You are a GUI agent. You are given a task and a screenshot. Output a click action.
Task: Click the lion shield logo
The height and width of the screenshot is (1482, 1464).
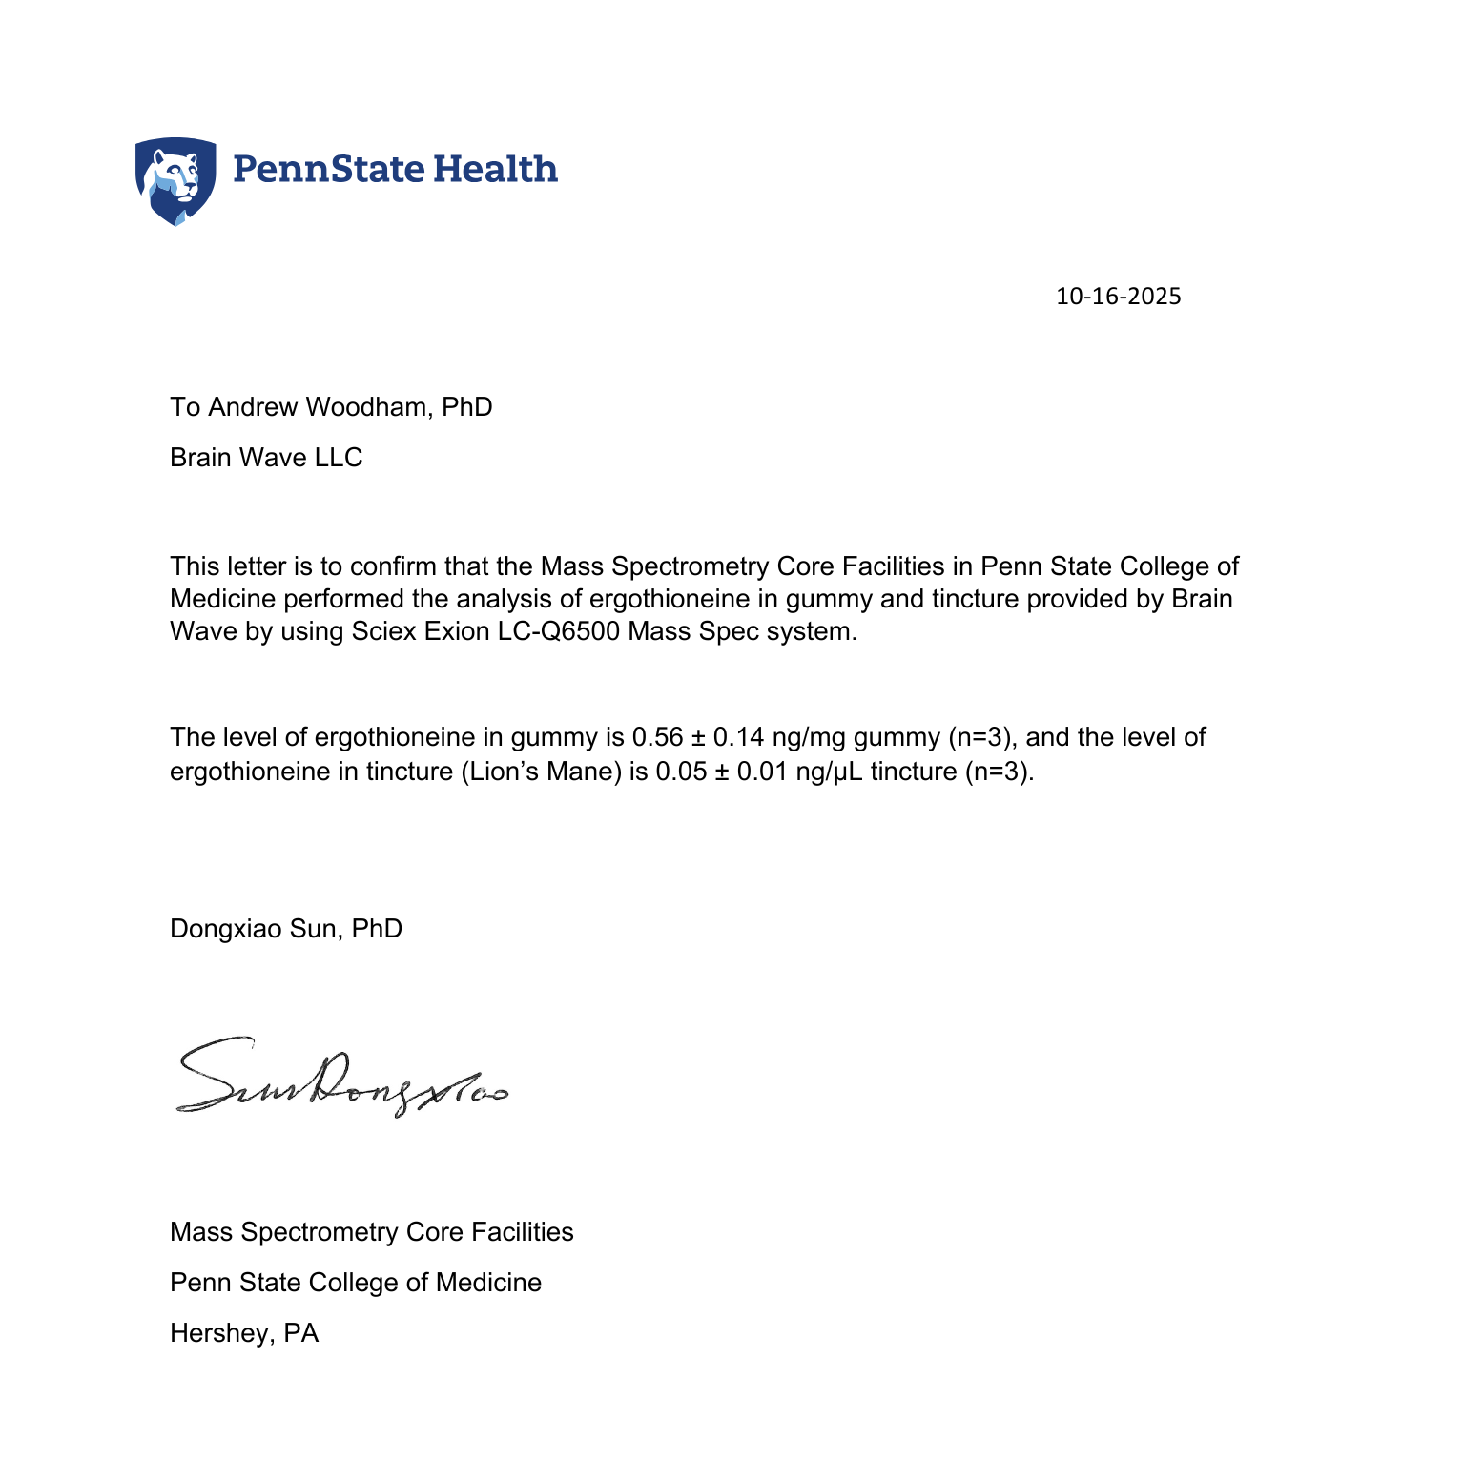point(175,180)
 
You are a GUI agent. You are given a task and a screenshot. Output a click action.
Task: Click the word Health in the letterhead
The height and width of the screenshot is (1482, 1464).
point(496,169)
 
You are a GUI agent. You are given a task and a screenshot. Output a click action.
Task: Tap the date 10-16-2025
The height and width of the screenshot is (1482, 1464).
point(1118,297)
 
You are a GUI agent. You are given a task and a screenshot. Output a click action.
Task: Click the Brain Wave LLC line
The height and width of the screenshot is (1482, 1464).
point(266,458)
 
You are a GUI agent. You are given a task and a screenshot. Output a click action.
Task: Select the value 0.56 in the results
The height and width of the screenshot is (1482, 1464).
point(658,737)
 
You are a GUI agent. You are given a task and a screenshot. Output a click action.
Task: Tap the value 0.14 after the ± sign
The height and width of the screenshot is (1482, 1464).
point(739,737)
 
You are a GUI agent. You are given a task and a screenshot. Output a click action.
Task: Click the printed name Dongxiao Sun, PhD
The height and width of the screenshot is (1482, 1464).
point(286,929)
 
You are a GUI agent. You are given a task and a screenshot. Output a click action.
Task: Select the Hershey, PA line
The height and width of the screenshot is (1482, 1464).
point(244,1333)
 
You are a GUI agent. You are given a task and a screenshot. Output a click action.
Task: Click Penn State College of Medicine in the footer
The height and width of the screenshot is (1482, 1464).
point(356,1283)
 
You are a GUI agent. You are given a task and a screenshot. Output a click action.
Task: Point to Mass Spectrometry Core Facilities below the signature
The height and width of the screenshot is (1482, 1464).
point(372,1232)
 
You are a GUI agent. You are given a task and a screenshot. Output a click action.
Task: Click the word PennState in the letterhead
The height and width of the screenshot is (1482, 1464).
point(328,169)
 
